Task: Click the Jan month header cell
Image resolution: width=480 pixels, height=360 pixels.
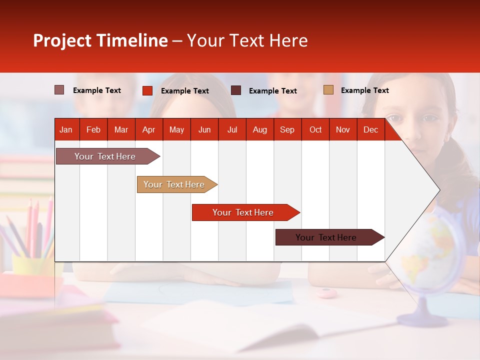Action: click(x=66, y=129)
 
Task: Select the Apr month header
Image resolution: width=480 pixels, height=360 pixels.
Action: click(x=148, y=129)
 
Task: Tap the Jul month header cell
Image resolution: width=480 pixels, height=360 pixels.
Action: click(x=232, y=129)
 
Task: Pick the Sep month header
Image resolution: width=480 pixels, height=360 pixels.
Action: click(x=287, y=129)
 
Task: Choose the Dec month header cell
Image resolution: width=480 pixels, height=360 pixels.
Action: click(x=370, y=129)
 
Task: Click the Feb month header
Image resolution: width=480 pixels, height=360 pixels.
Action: click(x=93, y=129)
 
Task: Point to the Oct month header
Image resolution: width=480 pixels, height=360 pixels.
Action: click(x=315, y=129)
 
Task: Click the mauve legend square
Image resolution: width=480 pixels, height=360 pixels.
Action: click(x=59, y=90)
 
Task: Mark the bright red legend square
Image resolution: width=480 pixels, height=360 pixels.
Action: click(x=147, y=90)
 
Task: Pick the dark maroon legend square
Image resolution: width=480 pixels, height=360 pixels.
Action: click(x=236, y=90)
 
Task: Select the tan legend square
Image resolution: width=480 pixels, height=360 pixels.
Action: click(x=328, y=90)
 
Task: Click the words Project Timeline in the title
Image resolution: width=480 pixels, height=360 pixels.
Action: click(x=100, y=40)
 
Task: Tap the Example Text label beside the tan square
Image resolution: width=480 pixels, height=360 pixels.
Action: click(x=364, y=90)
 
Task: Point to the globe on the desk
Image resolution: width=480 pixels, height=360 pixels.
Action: click(x=432, y=255)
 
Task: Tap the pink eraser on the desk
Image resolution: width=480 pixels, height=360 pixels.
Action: click(x=325, y=293)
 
